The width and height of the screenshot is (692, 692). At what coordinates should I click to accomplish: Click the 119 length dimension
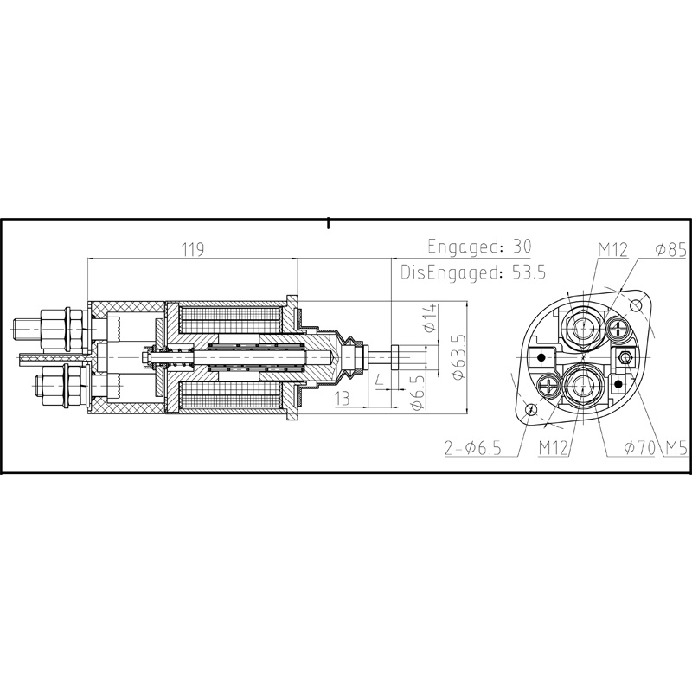[x=192, y=250]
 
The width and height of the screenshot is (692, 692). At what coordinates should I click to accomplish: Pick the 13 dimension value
[x=345, y=397]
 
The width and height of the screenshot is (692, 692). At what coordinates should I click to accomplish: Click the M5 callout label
[x=676, y=448]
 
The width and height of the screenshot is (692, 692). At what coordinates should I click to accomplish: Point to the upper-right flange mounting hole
[x=638, y=305]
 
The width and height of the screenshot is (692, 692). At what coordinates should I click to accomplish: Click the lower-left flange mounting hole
[x=531, y=408]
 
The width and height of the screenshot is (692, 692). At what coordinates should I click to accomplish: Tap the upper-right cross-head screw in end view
[x=618, y=327]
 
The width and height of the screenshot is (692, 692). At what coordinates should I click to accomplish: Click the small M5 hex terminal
[x=625, y=357]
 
